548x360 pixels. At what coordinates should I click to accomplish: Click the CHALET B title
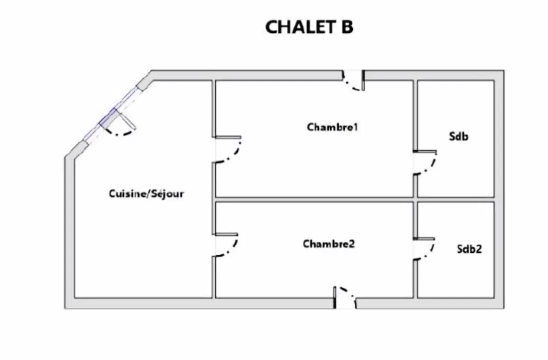click(309, 27)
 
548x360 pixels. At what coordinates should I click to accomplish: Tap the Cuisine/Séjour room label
click(146, 194)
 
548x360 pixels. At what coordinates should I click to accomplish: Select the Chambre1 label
click(332, 127)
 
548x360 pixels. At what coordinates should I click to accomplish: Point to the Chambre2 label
click(328, 243)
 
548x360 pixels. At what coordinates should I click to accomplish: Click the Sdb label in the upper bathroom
click(458, 136)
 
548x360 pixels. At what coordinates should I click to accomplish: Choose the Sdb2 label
click(469, 249)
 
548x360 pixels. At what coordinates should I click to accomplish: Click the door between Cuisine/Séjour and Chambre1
click(228, 150)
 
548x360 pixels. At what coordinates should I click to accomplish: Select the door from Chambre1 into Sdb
click(425, 163)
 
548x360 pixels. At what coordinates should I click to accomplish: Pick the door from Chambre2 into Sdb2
click(424, 249)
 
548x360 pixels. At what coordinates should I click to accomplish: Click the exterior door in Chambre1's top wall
click(354, 81)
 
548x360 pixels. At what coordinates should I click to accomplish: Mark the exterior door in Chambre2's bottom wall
click(345, 297)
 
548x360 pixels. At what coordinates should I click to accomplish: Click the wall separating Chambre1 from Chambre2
click(314, 199)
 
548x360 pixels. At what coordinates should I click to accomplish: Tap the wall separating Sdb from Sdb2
click(456, 199)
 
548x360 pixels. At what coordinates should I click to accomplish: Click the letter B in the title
click(347, 27)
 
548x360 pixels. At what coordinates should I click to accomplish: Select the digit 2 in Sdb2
click(479, 249)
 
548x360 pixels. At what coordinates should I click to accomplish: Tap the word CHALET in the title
click(299, 27)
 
